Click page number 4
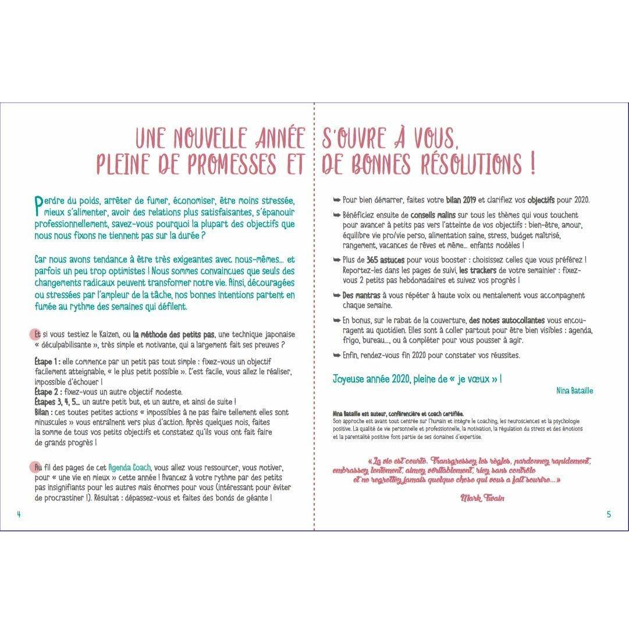coord(19,514)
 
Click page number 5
coord(609,514)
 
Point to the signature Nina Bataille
coord(574,391)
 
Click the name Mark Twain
coord(482,497)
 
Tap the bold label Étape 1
coord(47,361)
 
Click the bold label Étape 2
coord(47,392)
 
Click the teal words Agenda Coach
coord(129,468)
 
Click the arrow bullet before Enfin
coord(336,355)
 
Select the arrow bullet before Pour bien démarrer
coord(336,200)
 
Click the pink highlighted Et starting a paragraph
coord(37,335)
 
